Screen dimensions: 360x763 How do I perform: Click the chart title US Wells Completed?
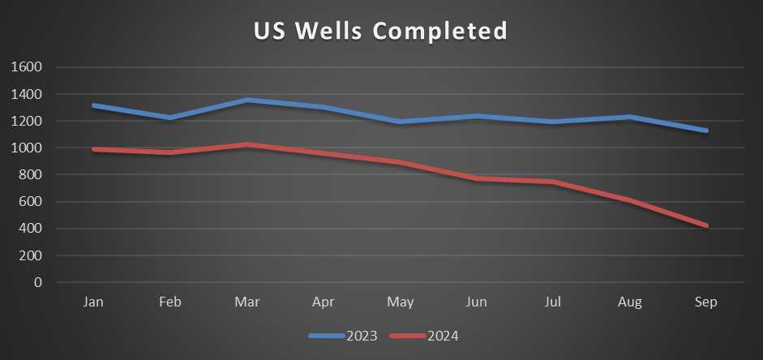coord(380,31)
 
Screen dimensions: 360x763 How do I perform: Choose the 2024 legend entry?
coord(425,335)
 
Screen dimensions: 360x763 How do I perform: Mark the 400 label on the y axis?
coord(30,229)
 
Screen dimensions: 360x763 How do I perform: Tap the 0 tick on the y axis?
coord(37,282)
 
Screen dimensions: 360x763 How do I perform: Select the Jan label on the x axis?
coord(93,302)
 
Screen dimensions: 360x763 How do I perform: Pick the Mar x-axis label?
coord(246,302)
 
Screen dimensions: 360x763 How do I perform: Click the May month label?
coord(400,302)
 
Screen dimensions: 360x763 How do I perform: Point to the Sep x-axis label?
coord(706,302)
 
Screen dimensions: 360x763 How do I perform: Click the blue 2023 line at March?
coord(246,100)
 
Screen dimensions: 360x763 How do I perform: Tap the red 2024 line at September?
coord(706,225)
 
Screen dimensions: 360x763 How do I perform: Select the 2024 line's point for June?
coord(477,178)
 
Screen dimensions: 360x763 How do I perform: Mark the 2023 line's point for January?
coord(93,105)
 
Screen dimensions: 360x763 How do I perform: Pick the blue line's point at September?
coord(706,131)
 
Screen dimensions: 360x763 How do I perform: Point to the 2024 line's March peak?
coord(246,144)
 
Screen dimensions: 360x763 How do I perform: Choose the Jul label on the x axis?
coord(553,302)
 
